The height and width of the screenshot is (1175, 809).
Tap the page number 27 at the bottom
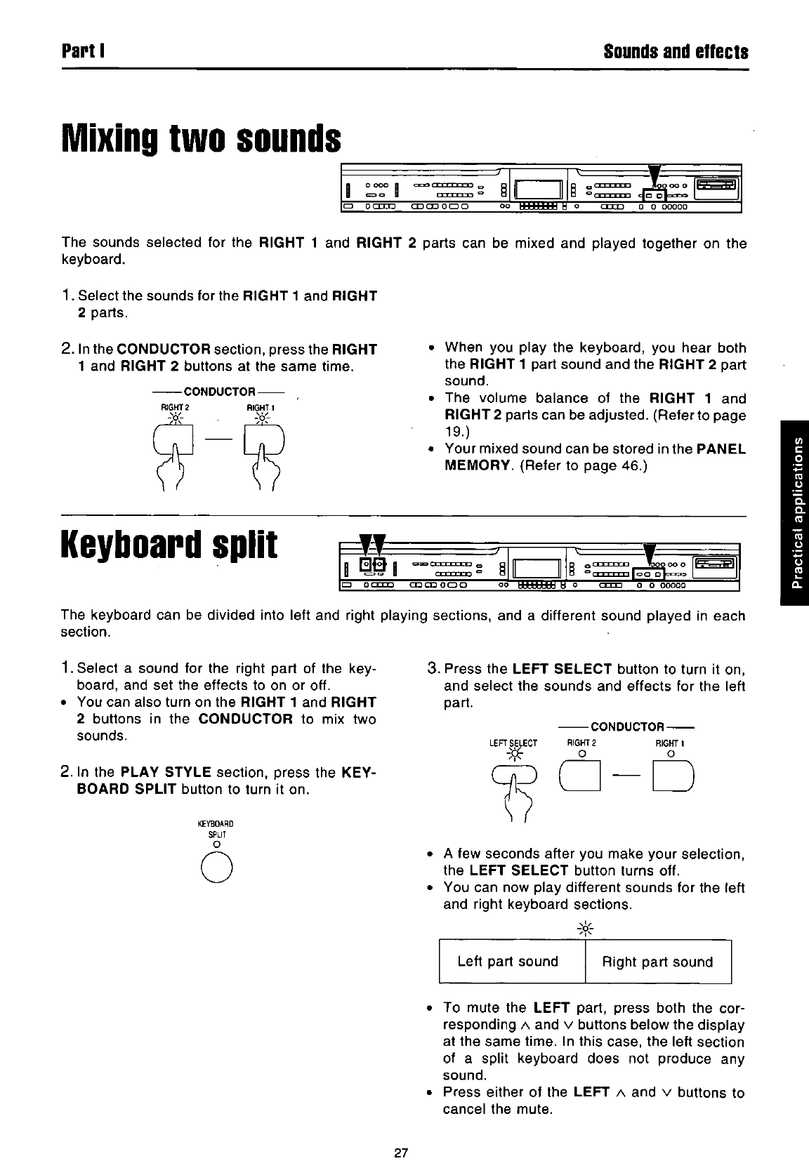point(401,1153)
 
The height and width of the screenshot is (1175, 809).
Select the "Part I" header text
point(83,52)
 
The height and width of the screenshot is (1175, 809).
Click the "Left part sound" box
point(508,962)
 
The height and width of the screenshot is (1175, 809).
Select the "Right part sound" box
point(657,962)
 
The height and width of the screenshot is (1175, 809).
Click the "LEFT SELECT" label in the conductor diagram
point(513,743)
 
